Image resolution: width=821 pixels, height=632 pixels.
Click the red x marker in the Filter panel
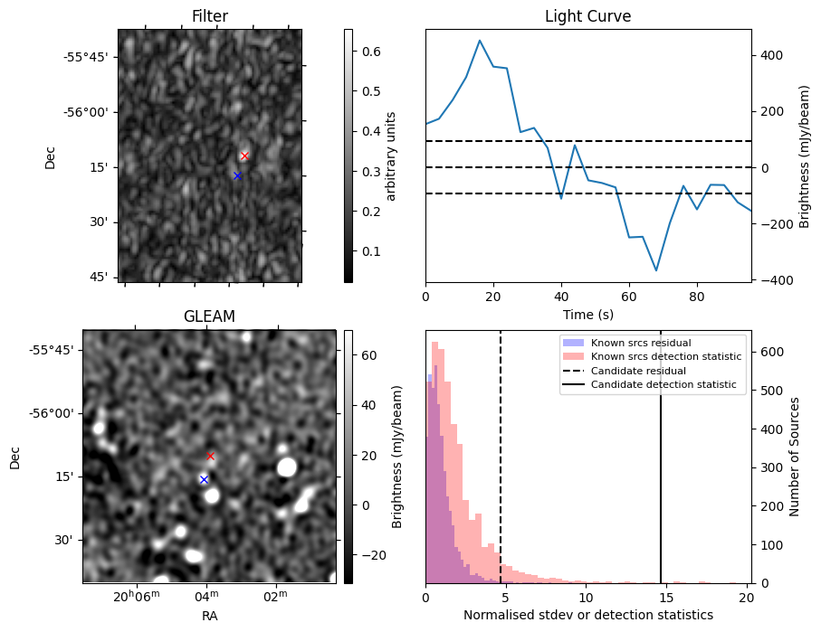click(244, 156)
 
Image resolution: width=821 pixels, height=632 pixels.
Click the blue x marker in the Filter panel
click(237, 175)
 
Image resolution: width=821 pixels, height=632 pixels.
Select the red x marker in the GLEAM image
click(210, 457)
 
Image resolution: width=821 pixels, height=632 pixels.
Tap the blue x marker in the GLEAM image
click(204, 479)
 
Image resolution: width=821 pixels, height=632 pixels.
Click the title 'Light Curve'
click(587, 16)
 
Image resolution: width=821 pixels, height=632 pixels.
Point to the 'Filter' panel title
click(210, 16)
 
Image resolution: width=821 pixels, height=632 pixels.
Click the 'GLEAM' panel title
click(209, 316)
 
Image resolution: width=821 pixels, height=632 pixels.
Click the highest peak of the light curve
click(480, 41)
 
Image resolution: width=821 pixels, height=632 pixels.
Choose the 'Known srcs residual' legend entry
click(640, 343)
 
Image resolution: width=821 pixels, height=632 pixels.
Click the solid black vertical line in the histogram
click(661, 470)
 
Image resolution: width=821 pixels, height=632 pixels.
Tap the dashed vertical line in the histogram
click(501, 470)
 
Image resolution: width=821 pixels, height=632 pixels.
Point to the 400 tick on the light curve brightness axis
click(770, 55)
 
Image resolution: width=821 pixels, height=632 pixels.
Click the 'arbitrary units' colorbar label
click(391, 156)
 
